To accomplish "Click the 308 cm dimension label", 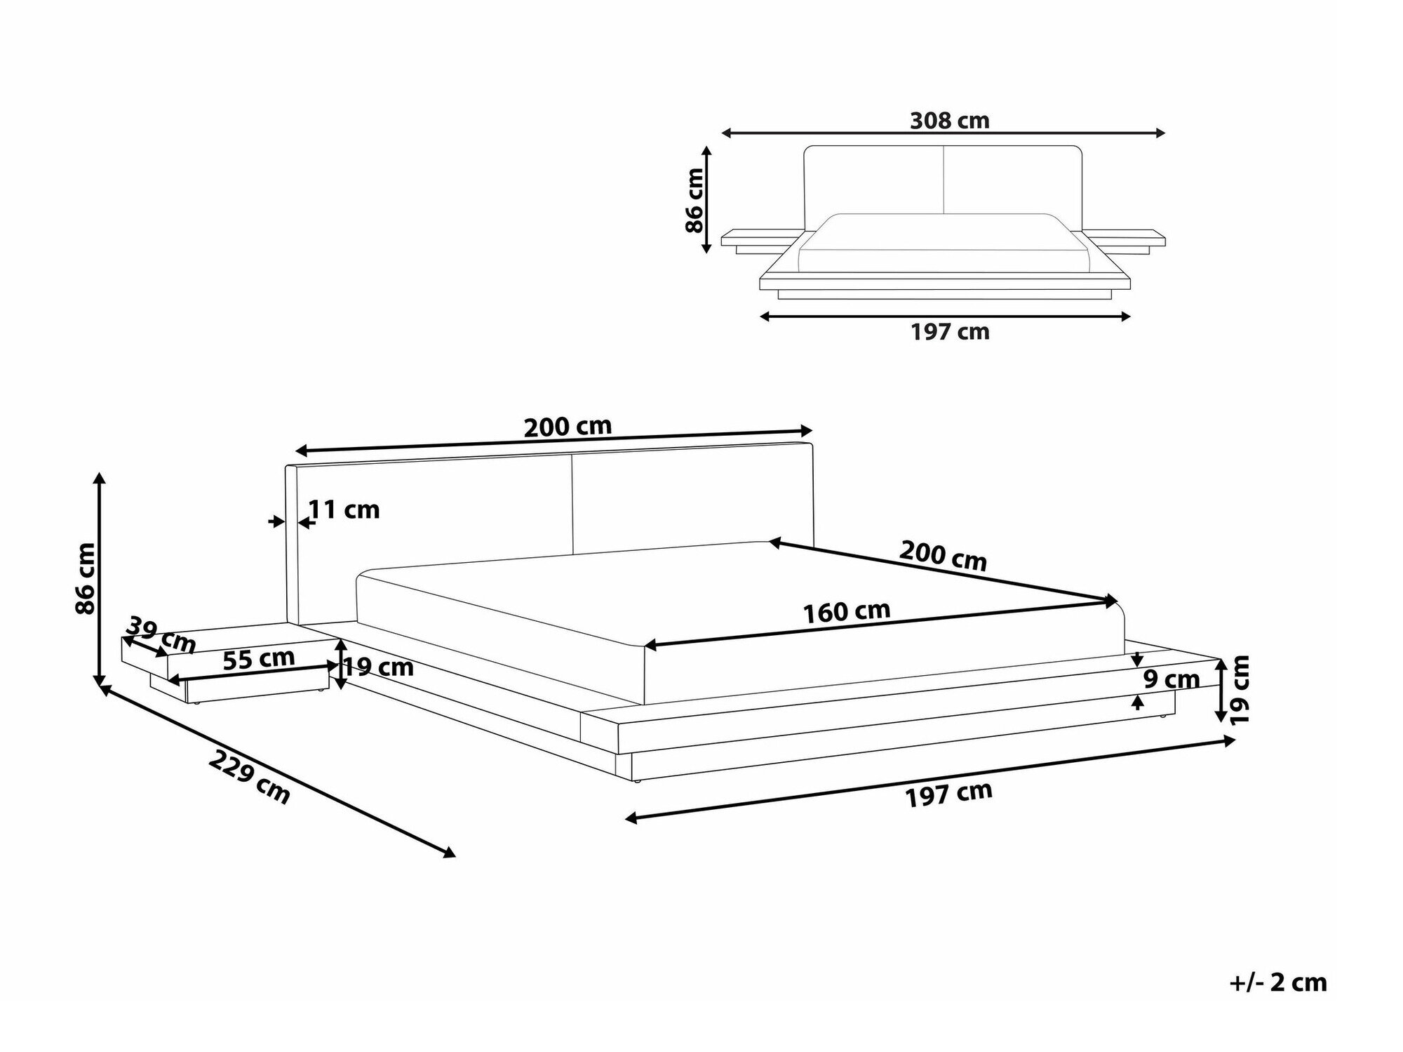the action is click(949, 121).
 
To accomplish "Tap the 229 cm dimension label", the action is click(249, 777).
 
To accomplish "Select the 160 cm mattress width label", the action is click(847, 611).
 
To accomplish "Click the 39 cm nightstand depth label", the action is click(161, 633).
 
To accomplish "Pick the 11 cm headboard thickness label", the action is click(344, 510).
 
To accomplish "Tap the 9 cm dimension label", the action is click(1171, 679).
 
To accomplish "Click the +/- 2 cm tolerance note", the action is click(1278, 983).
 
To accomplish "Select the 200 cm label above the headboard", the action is click(568, 426).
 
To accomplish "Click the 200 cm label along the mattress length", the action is click(943, 556).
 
